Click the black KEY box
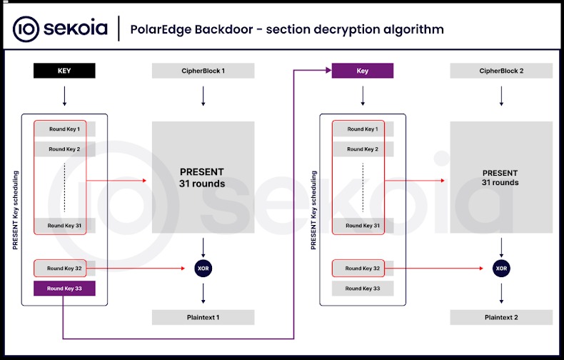click(64, 71)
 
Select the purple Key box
click(363, 71)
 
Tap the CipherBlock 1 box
click(203, 71)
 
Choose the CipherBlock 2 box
click(501, 71)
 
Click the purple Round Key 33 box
click(64, 289)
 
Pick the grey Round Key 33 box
click(363, 289)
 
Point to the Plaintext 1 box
click(203, 317)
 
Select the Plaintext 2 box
click(501, 317)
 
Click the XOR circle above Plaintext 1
click(203, 268)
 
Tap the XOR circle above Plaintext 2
click(501, 268)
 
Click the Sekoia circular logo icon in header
click(26, 29)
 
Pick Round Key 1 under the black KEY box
click(64, 129)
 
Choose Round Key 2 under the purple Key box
click(363, 149)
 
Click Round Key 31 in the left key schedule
click(64, 226)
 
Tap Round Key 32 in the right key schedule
click(363, 269)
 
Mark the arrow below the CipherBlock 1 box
click(203, 96)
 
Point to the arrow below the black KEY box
click(64, 96)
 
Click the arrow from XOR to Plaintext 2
click(501, 292)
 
